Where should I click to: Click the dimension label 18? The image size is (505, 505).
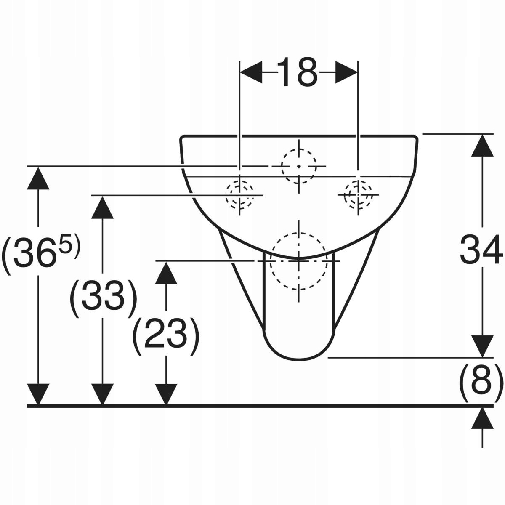point(298,72)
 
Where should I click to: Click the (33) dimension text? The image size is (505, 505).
point(103,299)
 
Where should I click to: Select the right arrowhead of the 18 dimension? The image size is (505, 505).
point(346,72)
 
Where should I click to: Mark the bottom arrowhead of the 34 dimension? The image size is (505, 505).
point(482,346)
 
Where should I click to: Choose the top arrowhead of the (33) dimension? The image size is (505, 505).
point(103,207)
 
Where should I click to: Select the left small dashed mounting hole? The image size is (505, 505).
point(239,195)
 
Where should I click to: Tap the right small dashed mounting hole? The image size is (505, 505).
point(358,195)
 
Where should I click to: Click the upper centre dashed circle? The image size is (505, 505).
point(299,166)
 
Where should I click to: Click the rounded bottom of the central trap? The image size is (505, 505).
point(299,351)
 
